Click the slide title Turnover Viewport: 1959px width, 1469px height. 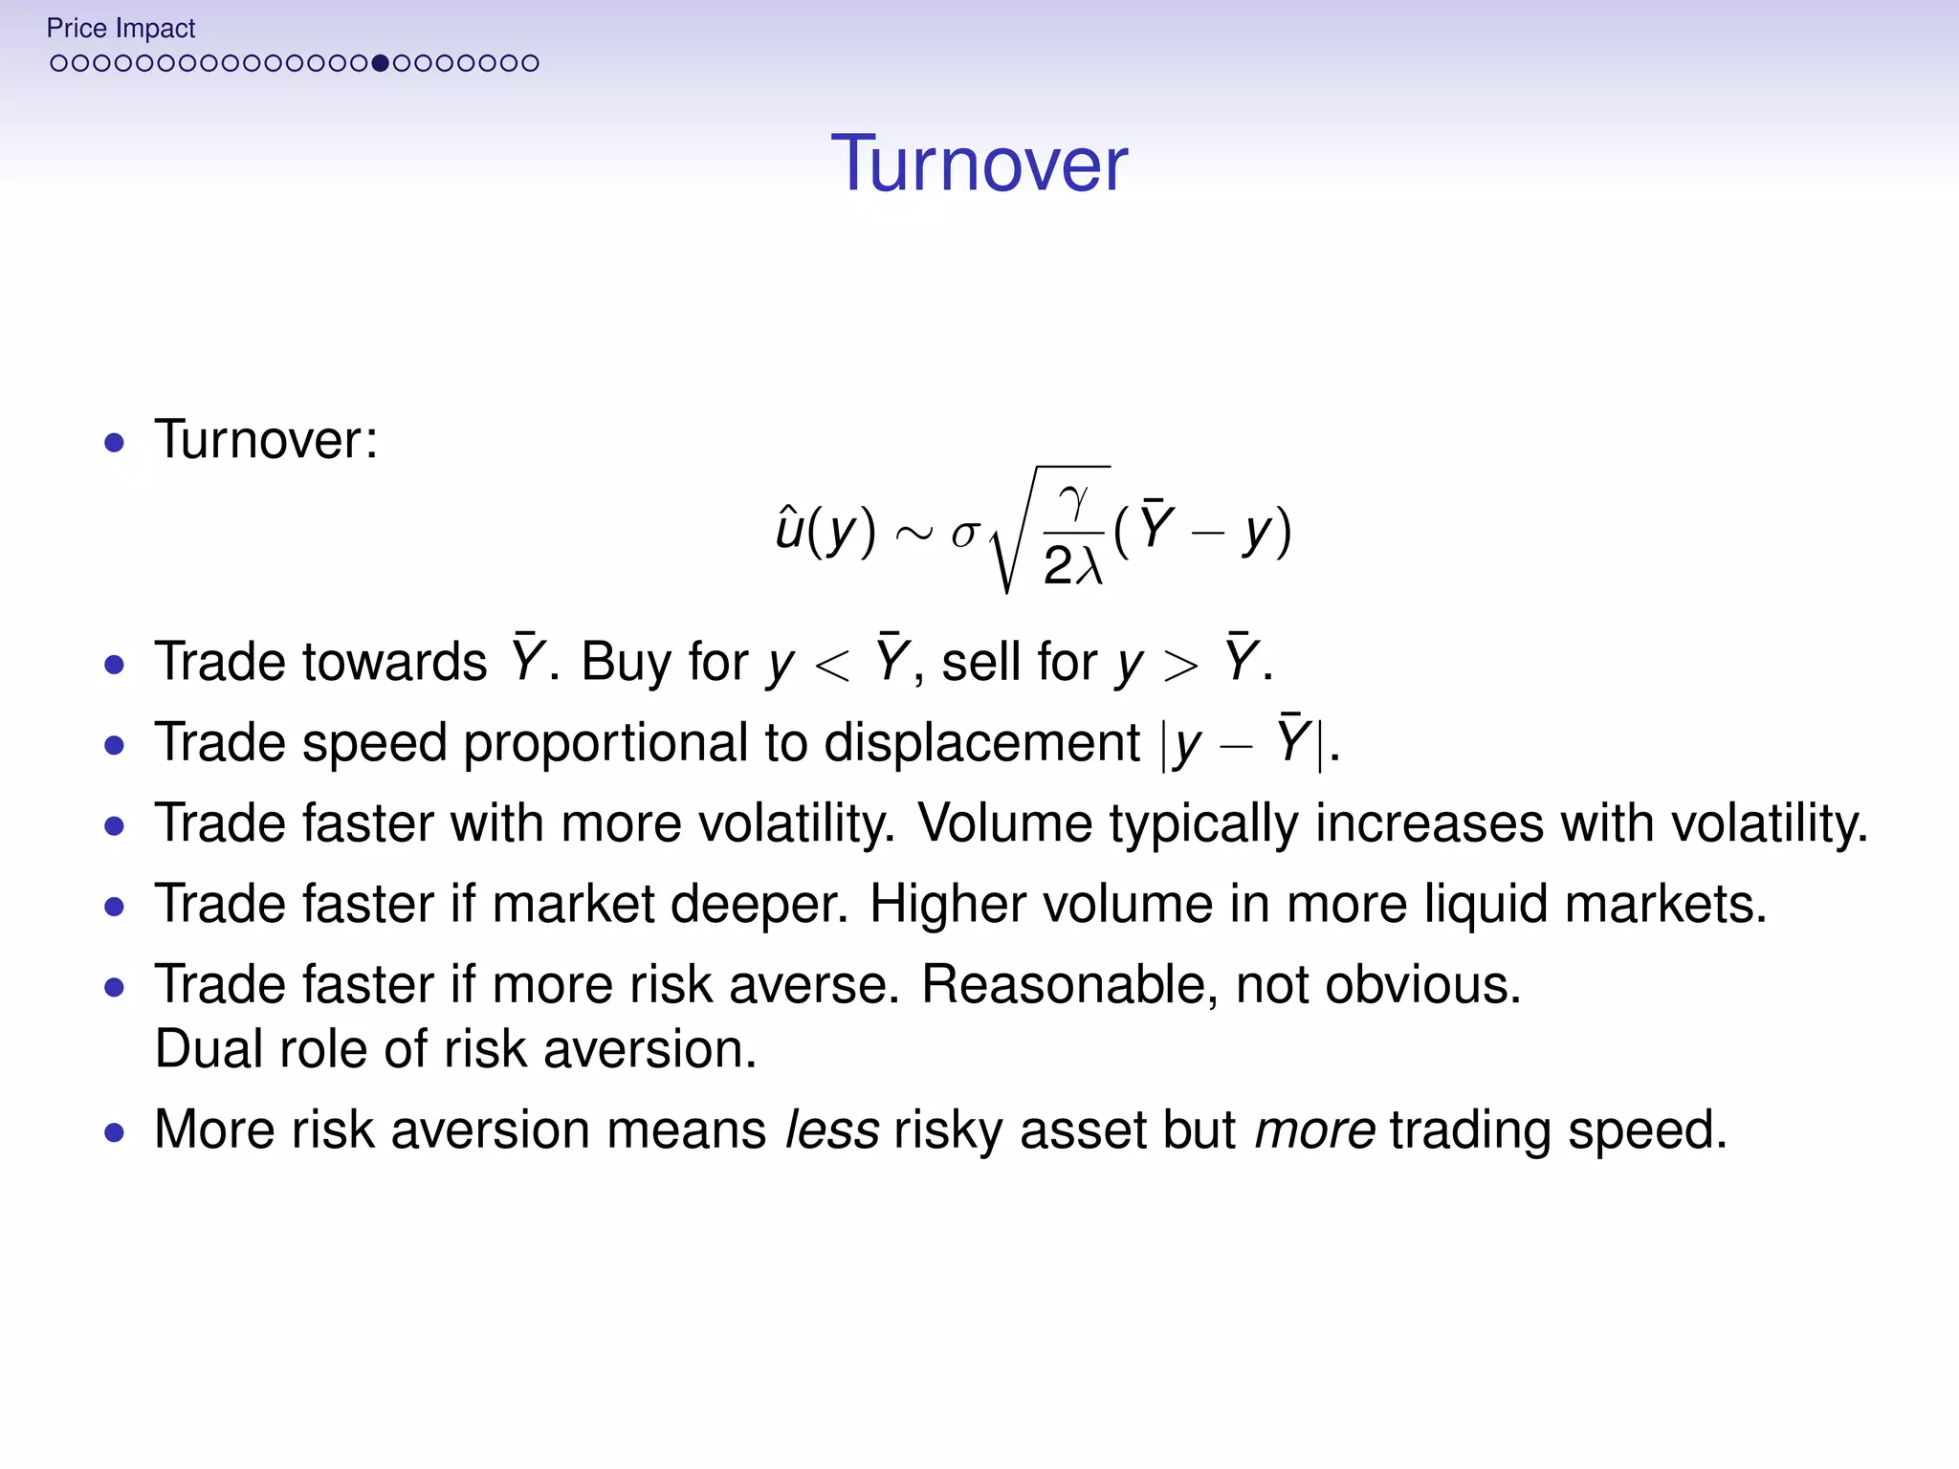click(x=979, y=164)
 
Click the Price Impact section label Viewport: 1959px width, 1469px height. click(x=121, y=29)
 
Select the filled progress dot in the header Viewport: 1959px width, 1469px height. click(x=381, y=63)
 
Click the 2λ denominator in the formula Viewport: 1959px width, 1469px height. click(x=1073, y=565)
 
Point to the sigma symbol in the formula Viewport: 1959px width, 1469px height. click(x=964, y=533)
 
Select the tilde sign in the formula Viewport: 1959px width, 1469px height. click(x=913, y=534)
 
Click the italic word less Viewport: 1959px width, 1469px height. click(x=831, y=1129)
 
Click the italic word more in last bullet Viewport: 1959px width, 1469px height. click(x=1314, y=1129)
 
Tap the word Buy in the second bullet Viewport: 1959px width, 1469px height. click(x=626, y=662)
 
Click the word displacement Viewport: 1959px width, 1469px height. click(x=981, y=743)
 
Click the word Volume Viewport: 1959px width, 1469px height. click(x=1004, y=823)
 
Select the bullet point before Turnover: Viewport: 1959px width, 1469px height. click(x=115, y=443)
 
